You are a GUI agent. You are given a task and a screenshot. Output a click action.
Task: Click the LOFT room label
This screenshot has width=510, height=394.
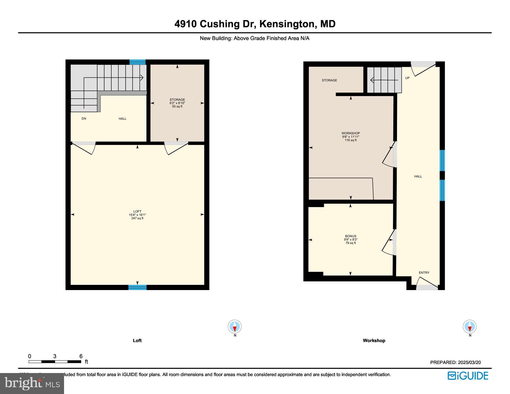click(x=137, y=211)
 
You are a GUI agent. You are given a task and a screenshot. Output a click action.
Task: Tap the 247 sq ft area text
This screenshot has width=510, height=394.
click(x=137, y=218)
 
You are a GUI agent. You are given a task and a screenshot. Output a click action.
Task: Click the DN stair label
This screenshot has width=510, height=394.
click(x=84, y=119)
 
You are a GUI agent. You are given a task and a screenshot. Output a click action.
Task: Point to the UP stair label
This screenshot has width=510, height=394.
click(x=407, y=78)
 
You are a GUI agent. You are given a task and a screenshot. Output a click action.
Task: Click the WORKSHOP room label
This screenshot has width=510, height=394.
click(x=350, y=133)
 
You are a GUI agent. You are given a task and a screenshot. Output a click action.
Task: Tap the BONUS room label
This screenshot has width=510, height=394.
click(x=350, y=236)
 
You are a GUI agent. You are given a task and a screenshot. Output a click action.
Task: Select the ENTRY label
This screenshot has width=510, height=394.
click(x=424, y=272)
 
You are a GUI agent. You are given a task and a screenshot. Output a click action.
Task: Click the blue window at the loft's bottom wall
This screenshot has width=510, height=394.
click(x=137, y=287)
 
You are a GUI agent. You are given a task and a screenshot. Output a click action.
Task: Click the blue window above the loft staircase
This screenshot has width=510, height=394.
click(x=137, y=62)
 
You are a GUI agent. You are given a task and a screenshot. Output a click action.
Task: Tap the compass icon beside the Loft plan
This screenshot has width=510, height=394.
click(x=235, y=327)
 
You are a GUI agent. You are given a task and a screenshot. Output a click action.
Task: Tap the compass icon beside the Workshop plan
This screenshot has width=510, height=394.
click(x=469, y=327)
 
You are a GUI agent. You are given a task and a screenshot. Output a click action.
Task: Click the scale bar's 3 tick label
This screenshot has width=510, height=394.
click(x=55, y=356)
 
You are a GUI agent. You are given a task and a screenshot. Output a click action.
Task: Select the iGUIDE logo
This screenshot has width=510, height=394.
click(x=468, y=376)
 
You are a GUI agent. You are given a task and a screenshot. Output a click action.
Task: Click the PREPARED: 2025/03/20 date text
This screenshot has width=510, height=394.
click(x=455, y=362)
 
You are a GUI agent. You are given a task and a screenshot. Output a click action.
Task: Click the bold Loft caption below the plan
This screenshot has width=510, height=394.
click(x=137, y=340)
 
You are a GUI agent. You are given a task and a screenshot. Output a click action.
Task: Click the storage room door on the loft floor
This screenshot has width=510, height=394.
click(x=176, y=148)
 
